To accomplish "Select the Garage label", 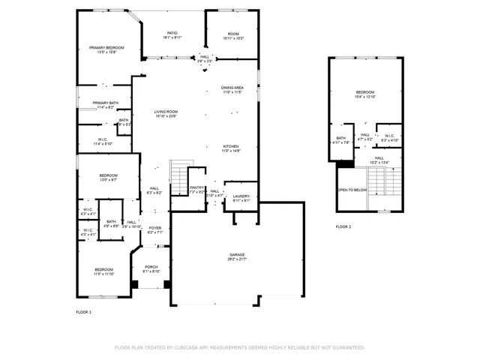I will [x=238, y=257].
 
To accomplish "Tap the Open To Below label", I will [x=352, y=190].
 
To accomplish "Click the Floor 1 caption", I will [x=83, y=311].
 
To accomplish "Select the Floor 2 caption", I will [x=343, y=226].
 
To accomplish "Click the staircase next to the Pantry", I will [x=179, y=177].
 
